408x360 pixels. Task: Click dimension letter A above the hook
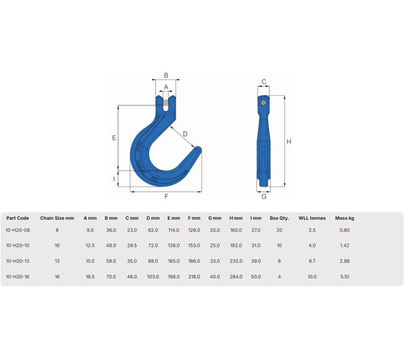coord(166,87)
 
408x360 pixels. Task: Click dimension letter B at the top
coord(166,75)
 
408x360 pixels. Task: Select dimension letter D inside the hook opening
coord(185,134)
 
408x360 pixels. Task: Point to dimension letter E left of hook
coord(114,138)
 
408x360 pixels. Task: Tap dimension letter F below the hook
coord(166,197)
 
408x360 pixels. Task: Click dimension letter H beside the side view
coord(289,142)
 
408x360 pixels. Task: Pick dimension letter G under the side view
coord(264,197)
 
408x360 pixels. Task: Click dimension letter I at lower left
coord(114,179)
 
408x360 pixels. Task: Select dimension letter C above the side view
coord(264,82)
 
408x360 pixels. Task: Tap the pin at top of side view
coord(263,102)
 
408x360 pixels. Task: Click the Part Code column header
coord(18,218)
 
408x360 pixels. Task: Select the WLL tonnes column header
coord(312,218)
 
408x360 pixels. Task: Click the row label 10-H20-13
coord(17,260)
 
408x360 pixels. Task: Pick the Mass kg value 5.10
coord(345,276)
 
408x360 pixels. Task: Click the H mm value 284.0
coord(236,276)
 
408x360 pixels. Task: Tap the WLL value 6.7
coord(312,260)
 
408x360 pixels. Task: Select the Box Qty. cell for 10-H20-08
coord(279,230)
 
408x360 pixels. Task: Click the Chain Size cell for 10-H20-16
coord(57,276)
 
